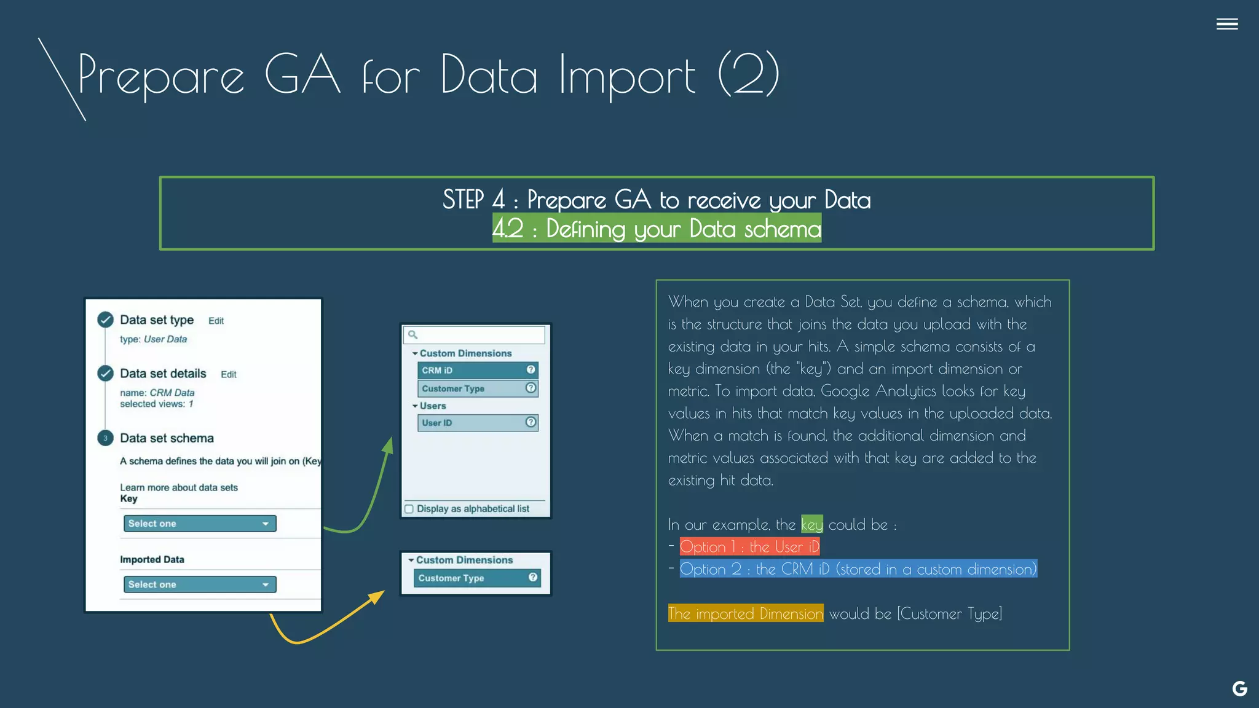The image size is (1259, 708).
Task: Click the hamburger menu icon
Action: [1226, 24]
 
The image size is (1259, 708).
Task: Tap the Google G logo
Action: [1239, 688]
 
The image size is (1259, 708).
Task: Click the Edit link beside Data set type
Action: [216, 321]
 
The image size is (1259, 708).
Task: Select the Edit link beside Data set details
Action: [229, 374]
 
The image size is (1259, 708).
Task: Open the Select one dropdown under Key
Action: [200, 524]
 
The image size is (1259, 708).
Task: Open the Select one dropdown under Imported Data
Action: [200, 584]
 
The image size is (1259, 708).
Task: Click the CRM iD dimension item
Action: [478, 370]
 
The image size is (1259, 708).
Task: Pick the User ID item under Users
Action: [478, 423]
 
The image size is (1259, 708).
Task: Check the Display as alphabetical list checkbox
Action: [409, 509]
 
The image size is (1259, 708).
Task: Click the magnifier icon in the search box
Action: [413, 335]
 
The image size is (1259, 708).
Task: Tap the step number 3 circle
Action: [105, 438]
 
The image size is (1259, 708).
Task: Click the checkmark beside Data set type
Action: [105, 320]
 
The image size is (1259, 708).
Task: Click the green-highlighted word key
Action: [811, 525]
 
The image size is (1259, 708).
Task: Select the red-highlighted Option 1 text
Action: [749, 547]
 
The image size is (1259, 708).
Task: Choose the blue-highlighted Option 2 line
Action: [858, 569]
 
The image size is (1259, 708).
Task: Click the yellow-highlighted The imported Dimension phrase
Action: [746, 613]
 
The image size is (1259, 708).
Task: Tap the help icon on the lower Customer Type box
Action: [533, 577]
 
